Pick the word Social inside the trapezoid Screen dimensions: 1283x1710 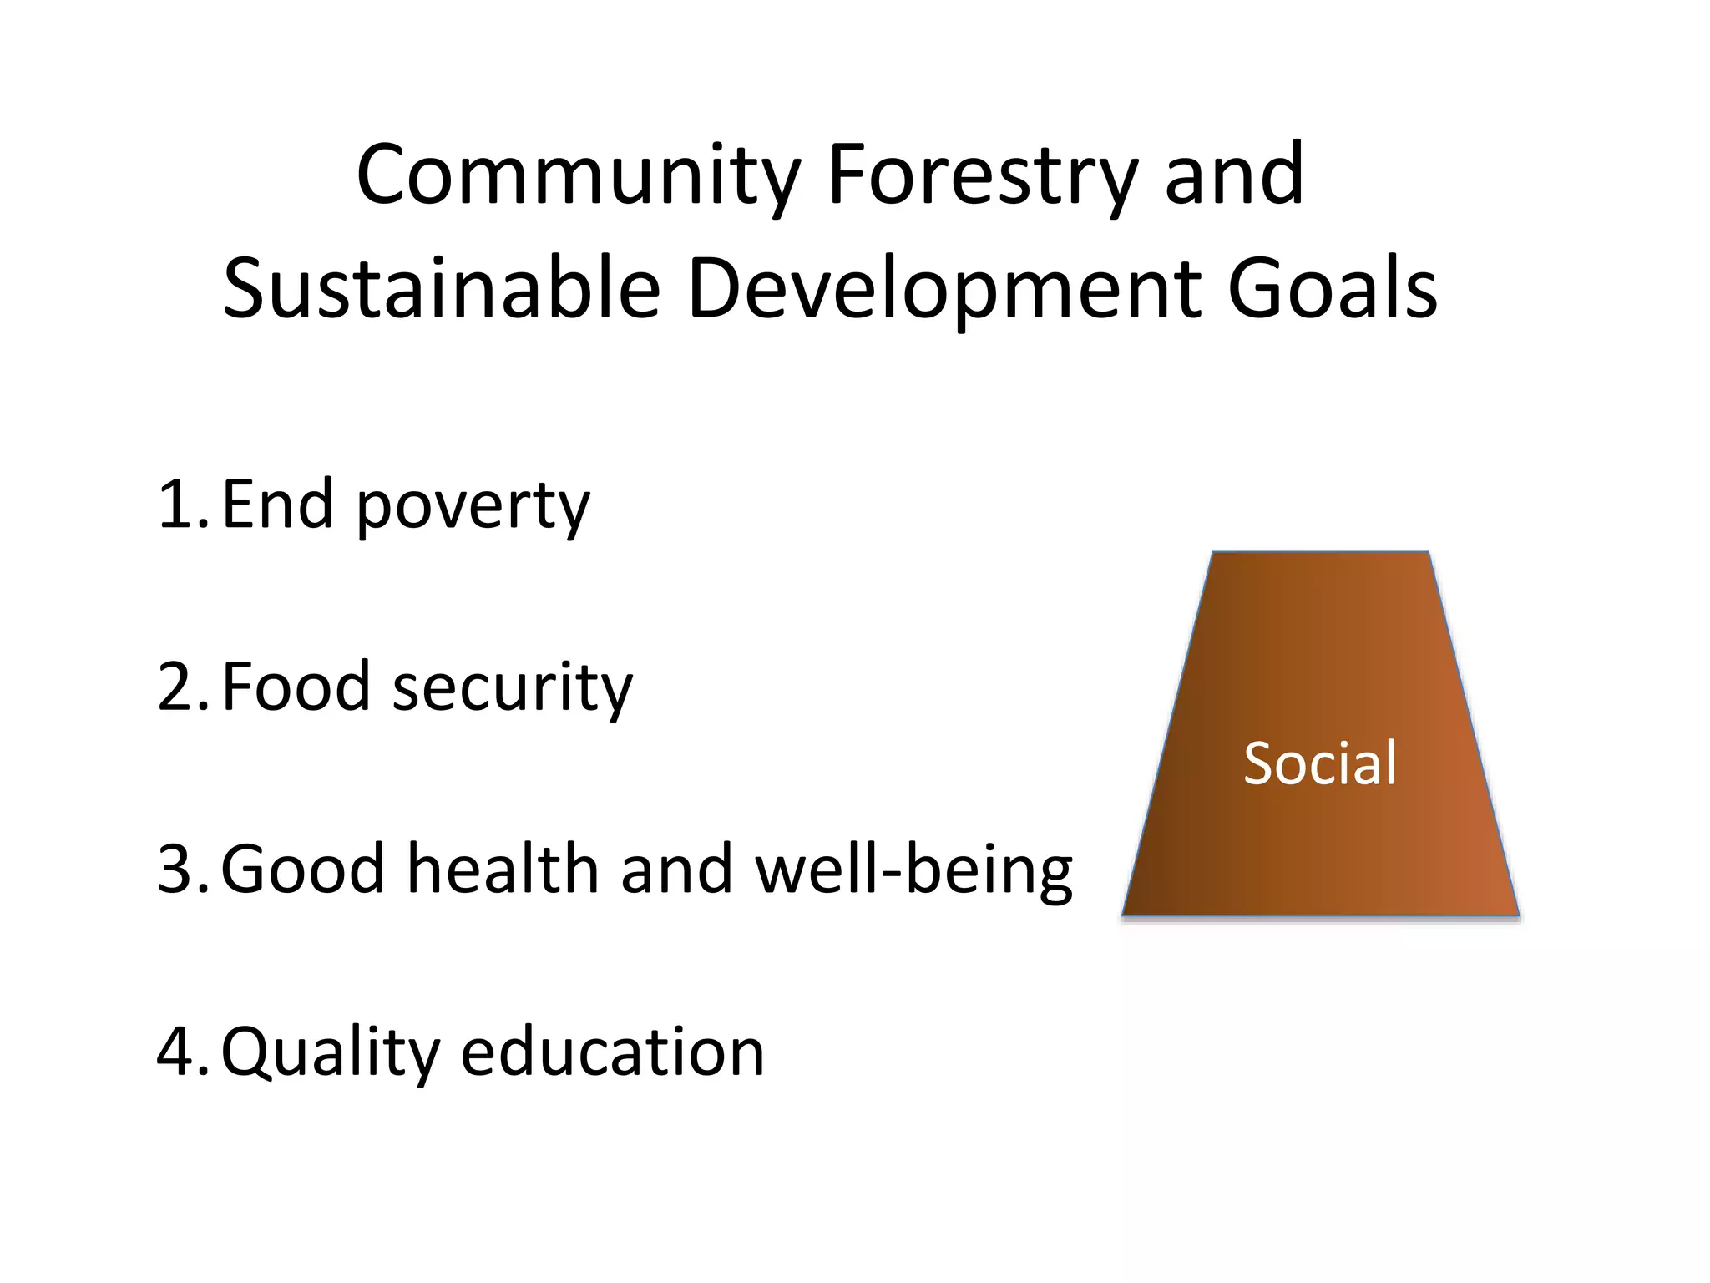(1319, 763)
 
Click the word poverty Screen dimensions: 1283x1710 (473, 508)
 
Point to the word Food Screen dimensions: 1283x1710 (296, 687)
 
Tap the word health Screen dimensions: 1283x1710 (503, 869)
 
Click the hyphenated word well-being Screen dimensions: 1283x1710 (913, 870)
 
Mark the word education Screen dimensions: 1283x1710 (612, 1051)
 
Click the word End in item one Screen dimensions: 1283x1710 (278, 505)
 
